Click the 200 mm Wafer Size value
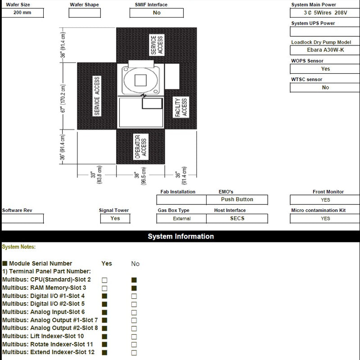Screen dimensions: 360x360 tap(22, 13)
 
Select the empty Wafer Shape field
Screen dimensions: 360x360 tap(85, 13)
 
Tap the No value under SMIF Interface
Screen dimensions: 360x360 tap(157, 13)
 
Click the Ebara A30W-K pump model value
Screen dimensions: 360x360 tap(325, 50)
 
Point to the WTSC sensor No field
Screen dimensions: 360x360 tap(325, 87)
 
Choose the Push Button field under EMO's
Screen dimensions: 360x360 tap(237, 199)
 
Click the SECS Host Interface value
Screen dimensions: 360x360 tap(237, 218)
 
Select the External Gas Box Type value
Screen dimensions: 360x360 tap(181, 219)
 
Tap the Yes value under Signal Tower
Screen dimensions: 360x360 tap(115, 218)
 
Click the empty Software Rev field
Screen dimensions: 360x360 tap(22, 219)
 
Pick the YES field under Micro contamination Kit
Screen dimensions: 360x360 tap(325, 218)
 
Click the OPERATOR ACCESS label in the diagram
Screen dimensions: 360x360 tap(141, 147)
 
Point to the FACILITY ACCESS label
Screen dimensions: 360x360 tap(181, 108)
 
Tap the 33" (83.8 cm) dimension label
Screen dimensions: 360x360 tap(96, 174)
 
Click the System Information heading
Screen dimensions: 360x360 tap(180, 236)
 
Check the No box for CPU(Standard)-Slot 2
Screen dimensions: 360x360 tap(134, 280)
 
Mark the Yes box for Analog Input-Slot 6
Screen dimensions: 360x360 tap(104, 312)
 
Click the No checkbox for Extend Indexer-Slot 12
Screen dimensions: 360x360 tap(134, 353)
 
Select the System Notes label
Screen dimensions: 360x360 tap(18, 247)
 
